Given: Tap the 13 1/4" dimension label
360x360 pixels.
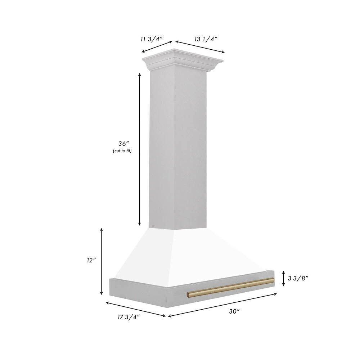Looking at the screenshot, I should (206, 39).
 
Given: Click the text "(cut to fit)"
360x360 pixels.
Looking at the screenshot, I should (122, 151).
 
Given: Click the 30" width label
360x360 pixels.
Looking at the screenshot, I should (234, 312).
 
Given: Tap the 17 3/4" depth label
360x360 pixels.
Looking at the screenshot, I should (128, 317).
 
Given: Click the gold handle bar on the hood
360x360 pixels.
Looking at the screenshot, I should (230, 287).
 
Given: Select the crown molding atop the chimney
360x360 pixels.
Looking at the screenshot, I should (184, 59).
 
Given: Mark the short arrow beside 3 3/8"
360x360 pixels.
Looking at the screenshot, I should (284, 278).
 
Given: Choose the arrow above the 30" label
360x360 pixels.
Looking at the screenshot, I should (222, 305).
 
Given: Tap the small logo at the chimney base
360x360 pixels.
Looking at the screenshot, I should (153, 226).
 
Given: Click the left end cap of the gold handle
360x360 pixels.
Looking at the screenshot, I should (188, 295).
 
